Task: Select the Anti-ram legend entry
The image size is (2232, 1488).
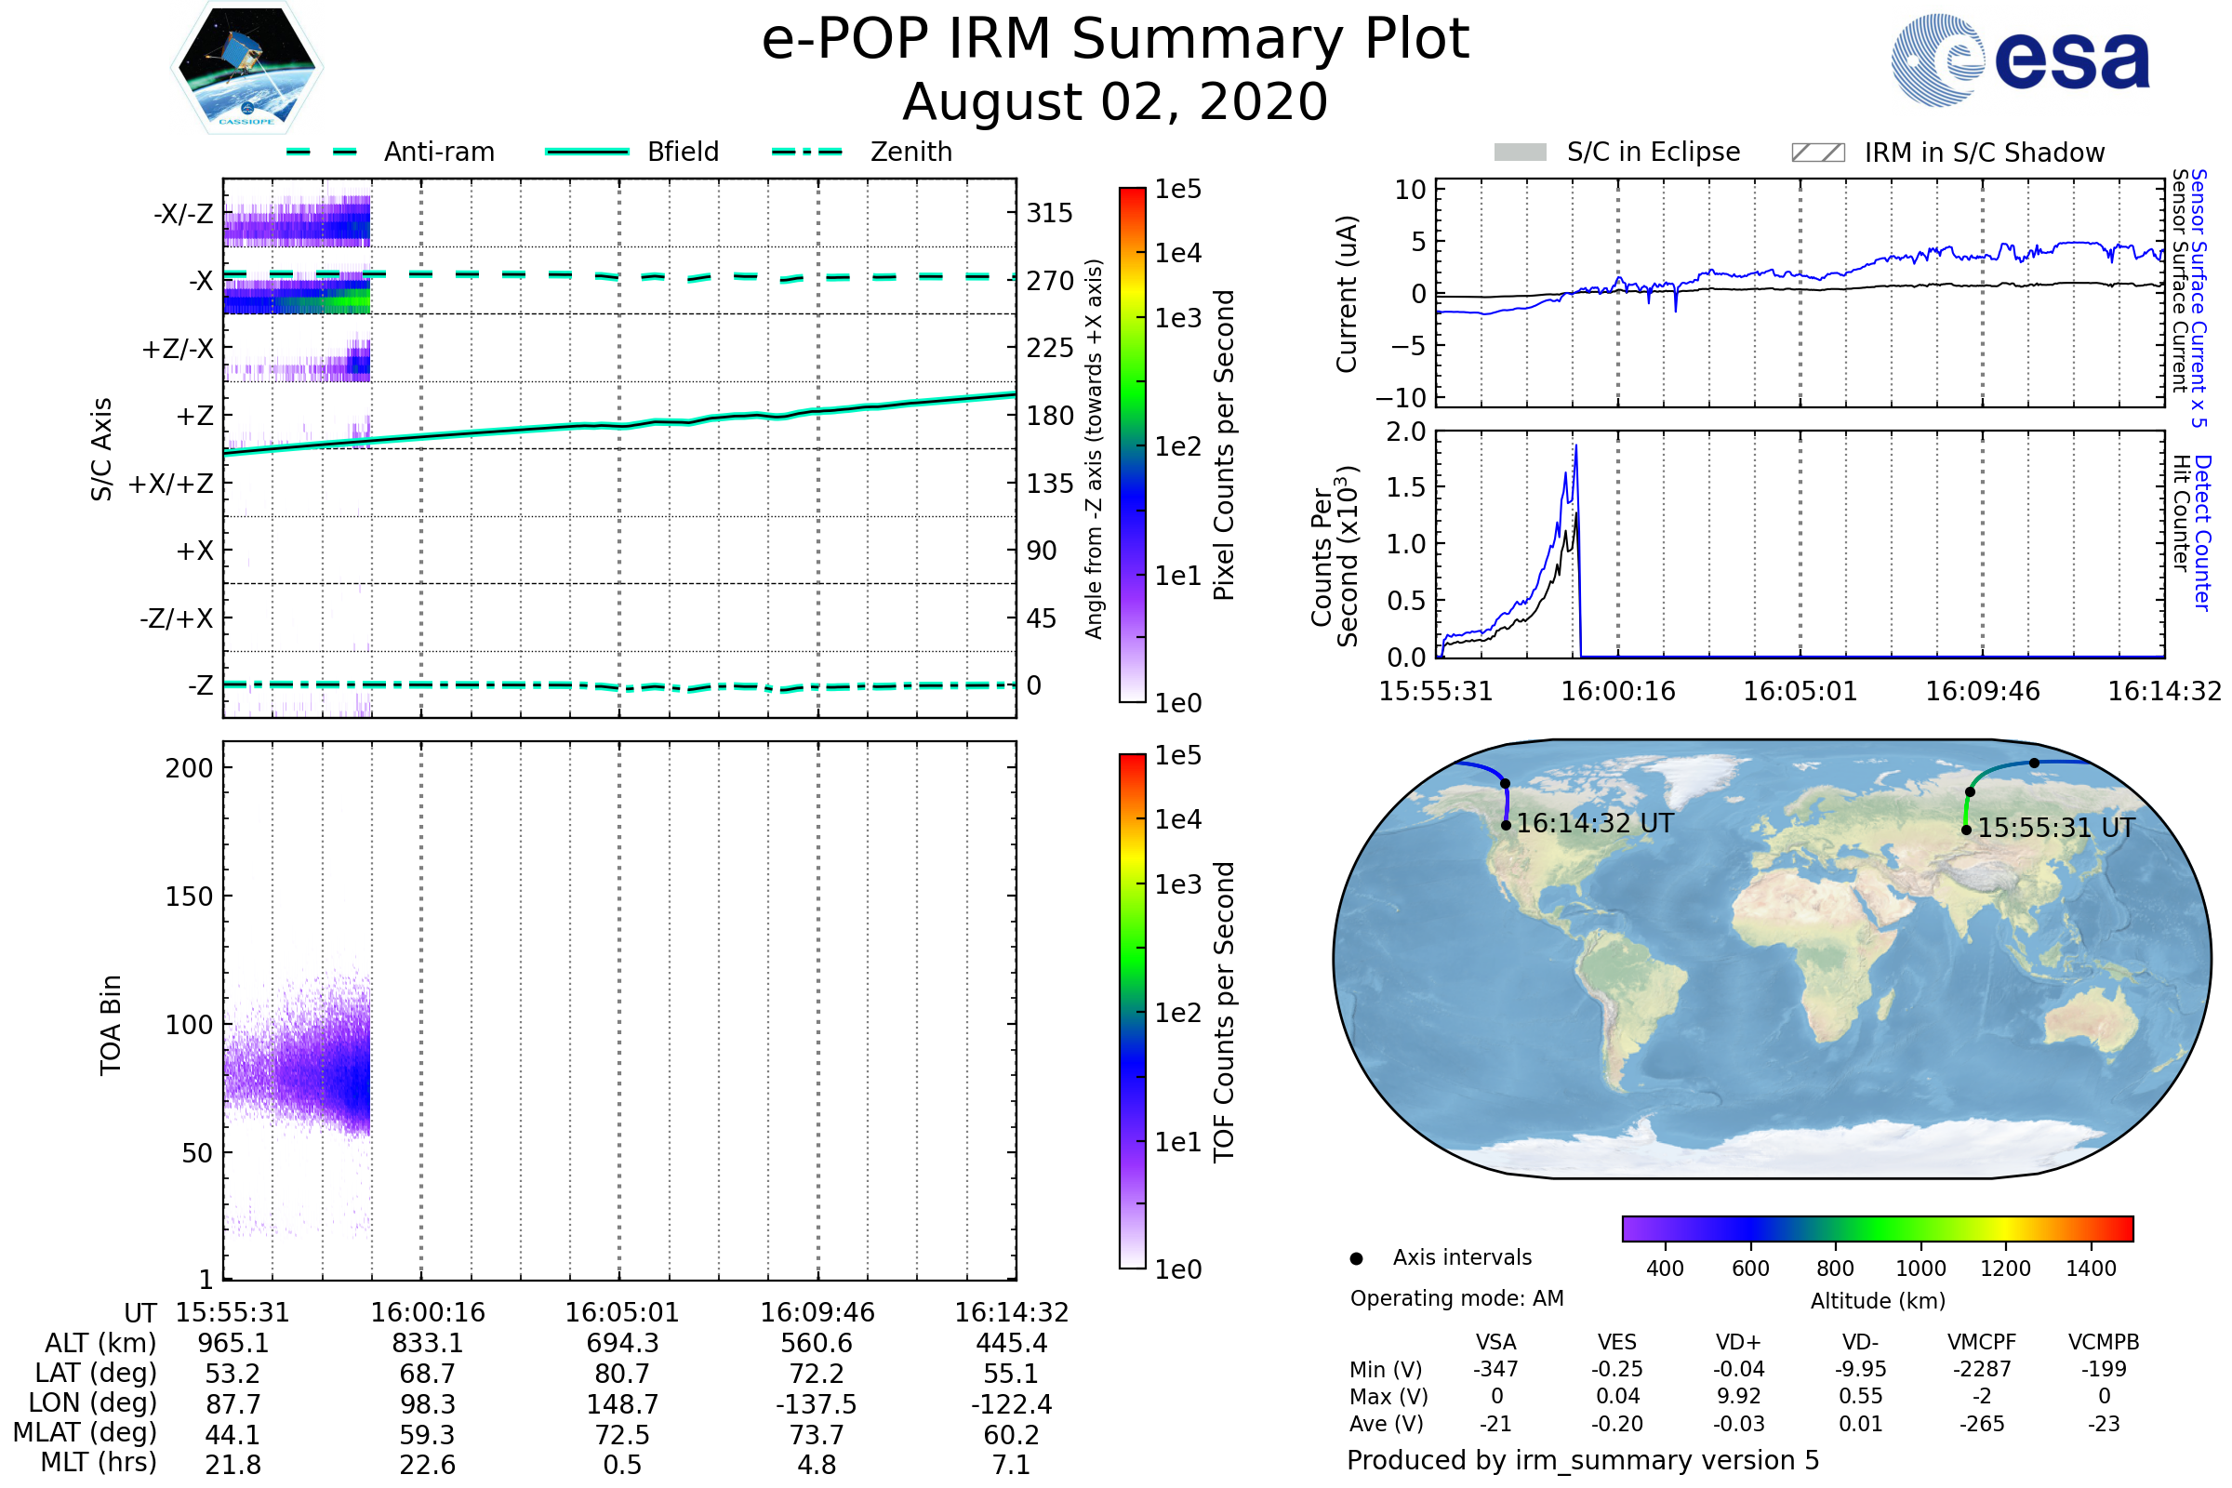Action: pos(391,152)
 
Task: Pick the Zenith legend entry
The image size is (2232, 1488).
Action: pos(862,152)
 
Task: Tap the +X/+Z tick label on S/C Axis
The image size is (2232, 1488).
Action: pos(171,484)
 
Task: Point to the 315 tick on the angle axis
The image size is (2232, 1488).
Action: pos(1049,213)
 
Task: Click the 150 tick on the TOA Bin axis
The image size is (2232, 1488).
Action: pos(189,896)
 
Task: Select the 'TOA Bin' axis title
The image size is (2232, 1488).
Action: pos(111,1025)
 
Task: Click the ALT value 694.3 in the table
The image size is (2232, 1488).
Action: pos(621,1344)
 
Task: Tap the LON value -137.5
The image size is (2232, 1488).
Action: pos(817,1404)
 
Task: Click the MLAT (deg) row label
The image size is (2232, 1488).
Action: pos(85,1434)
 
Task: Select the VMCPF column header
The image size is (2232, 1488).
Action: pos(1982,1342)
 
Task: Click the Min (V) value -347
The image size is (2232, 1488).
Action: pos(1495,1369)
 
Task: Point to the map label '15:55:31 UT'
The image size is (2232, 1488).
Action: pos(2055,829)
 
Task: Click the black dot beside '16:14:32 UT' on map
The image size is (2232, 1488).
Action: pos(1506,825)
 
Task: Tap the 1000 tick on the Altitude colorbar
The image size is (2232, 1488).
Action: pos(1920,1269)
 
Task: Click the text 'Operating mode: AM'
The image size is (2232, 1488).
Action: pos(1456,1298)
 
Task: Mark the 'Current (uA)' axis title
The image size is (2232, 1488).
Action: pos(1347,294)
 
